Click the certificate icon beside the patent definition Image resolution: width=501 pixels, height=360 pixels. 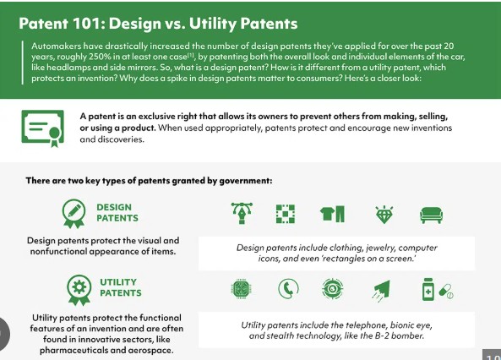[x=43, y=128]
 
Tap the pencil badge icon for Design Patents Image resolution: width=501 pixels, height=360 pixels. [x=74, y=214]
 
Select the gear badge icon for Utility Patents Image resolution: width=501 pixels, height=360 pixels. [x=79, y=290]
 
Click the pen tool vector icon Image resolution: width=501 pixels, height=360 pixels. [x=242, y=213]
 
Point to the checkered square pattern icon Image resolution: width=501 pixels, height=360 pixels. [x=286, y=214]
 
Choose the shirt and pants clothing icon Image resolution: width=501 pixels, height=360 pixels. [x=333, y=214]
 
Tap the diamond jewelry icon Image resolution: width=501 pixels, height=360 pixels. [x=384, y=214]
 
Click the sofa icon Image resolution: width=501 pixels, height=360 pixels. [x=432, y=215]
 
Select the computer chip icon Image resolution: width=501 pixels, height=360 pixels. [x=241, y=289]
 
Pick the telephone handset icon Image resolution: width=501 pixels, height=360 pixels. [x=288, y=288]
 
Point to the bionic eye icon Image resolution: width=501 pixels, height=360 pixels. [x=333, y=288]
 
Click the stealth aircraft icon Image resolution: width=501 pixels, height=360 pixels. [x=382, y=291]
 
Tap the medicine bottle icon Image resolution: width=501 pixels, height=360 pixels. [x=428, y=289]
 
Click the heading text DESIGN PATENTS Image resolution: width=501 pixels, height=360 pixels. [x=117, y=213]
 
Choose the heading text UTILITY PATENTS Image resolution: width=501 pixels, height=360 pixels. [x=121, y=287]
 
